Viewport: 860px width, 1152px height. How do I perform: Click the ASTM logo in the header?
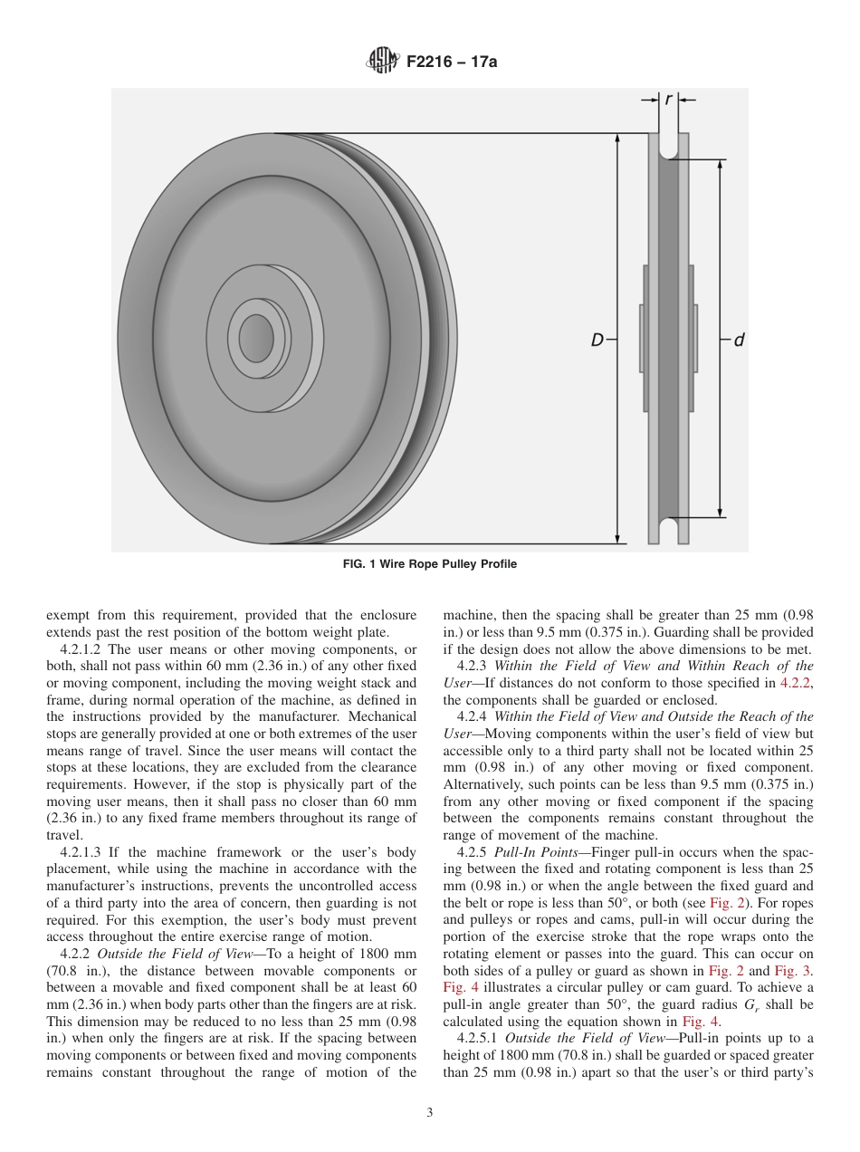(378, 62)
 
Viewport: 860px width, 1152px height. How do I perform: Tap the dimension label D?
(597, 341)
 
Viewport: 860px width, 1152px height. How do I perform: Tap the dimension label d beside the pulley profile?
(739, 341)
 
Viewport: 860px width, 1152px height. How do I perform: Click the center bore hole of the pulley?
(256, 338)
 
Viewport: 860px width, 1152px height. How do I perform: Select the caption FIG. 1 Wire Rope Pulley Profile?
(430, 564)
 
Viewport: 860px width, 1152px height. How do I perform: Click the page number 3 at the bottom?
(430, 1112)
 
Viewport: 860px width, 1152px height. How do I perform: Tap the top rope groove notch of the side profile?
(668, 150)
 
